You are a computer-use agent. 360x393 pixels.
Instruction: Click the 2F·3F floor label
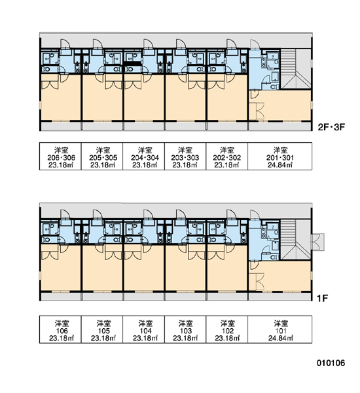[331, 127]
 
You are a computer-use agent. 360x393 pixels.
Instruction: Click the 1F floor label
[323, 298]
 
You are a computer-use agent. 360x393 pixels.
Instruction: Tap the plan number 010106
[331, 363]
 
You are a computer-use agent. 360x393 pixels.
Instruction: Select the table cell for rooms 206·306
[60, 156]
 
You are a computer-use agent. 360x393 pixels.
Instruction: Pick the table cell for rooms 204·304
[144, 156]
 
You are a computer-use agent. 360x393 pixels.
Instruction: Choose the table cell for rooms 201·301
[280, 156]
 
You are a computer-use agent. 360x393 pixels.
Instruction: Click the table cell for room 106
[60, 329]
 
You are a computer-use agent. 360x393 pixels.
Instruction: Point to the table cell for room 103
[185, 329]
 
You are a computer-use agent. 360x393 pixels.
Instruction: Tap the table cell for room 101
[280, 329]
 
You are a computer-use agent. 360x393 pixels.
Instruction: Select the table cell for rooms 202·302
[227, 156]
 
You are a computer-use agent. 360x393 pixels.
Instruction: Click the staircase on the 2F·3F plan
[296, 69]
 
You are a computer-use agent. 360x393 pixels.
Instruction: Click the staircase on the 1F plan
[296, 240]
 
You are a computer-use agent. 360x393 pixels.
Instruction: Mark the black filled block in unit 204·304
[133, 64]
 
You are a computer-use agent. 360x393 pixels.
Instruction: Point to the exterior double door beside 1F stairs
[317, 242]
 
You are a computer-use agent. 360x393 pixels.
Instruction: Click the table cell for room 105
[102, 329]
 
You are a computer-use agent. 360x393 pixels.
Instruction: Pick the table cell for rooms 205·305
[102, 156]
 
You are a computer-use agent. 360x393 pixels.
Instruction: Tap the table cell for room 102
[227, 329]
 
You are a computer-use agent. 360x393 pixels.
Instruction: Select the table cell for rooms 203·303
[185, 156]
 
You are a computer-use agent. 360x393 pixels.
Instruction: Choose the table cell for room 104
[144, 329]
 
